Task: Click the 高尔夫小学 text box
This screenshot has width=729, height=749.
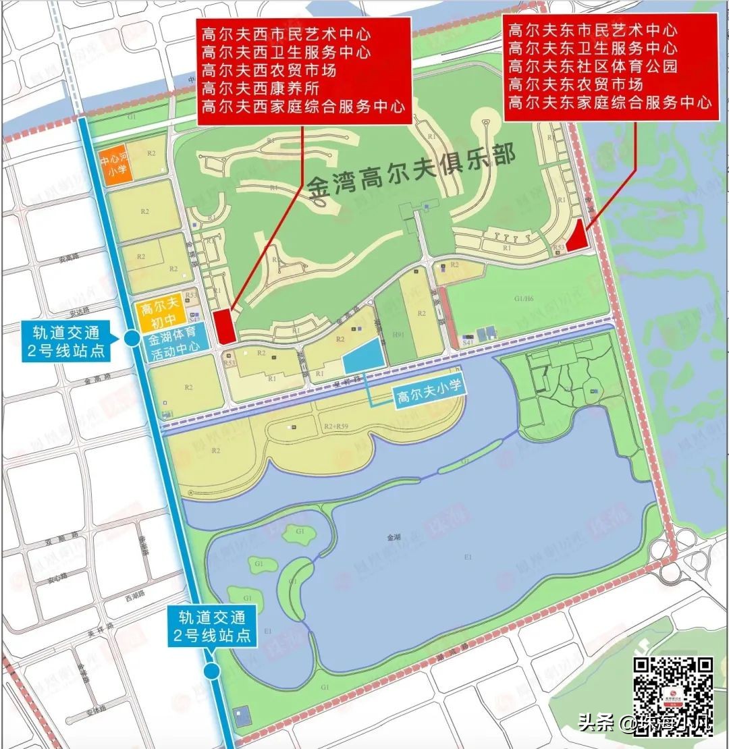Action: point(423,398)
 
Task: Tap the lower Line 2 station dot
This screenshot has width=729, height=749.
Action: point(213,670)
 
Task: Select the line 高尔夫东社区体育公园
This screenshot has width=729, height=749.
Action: point(593,67)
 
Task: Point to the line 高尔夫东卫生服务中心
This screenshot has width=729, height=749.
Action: point(593,49)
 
